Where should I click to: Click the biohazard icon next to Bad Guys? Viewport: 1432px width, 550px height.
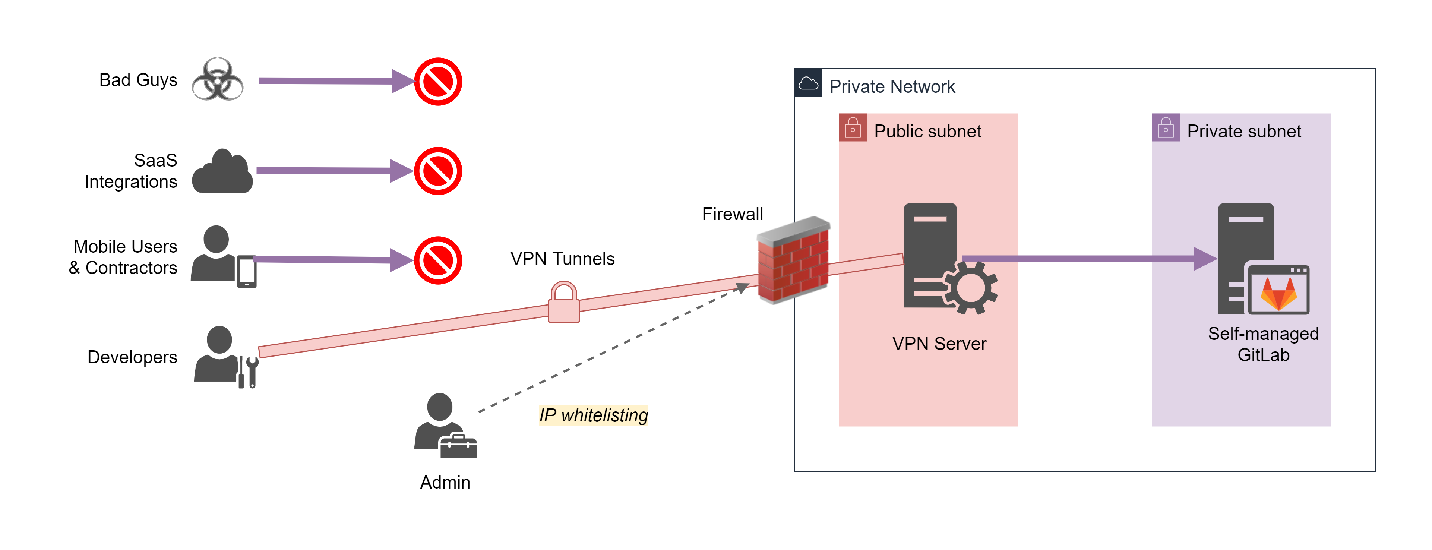pyautogui.click(x=217, y=79)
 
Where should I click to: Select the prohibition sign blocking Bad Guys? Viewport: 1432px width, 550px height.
pyautogui.click(x=438, y=82)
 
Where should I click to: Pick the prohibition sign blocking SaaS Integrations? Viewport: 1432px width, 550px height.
pyautogui.click(x=438, y=171)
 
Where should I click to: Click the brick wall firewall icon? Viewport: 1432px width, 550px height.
pyautogui.click(x=793, y=260)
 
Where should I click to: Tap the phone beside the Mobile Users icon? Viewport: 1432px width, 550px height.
pyautogui.click(x=247, y=271)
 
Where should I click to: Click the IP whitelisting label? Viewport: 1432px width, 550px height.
pyautogui.click(x=593, y=415)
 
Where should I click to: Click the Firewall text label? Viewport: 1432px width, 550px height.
pyautogui.click(x=732, y=214)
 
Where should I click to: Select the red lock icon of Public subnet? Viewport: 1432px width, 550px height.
pyautogui.click(x=852, y=128)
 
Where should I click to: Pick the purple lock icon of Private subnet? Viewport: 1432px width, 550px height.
pyautogui.click(x=1165, y=128)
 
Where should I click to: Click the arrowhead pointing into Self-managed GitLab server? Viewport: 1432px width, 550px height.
pyautogui.click(x=1205, y=259)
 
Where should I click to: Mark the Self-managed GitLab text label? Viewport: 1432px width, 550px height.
pyautogui.click(x=1263, y=344)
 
